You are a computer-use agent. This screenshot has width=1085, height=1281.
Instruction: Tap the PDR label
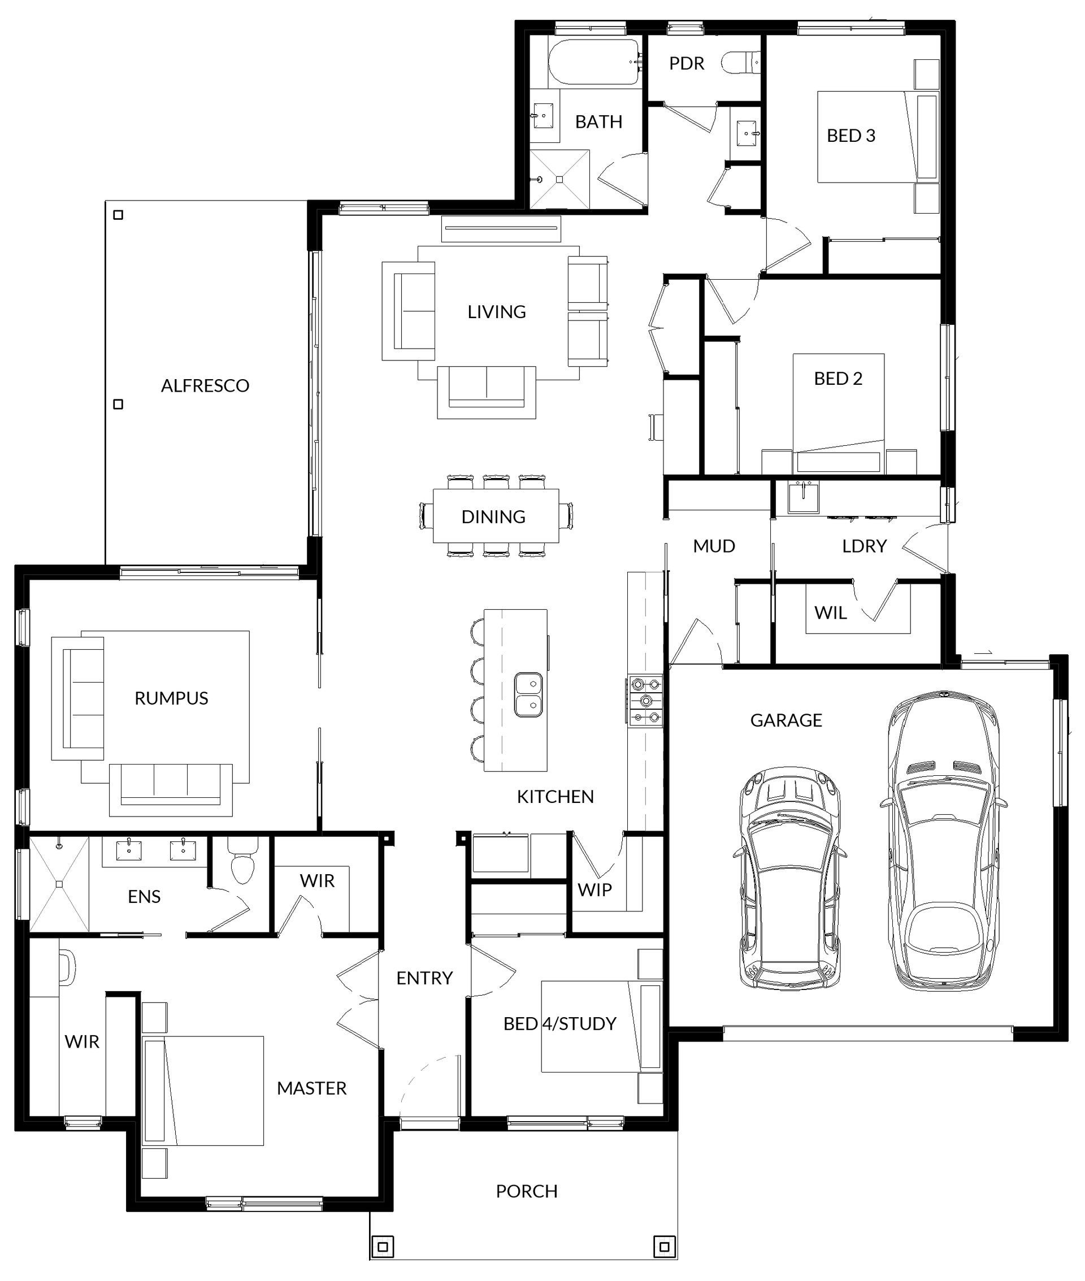coord(687,63)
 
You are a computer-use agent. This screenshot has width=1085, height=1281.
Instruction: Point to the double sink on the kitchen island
coord(528,694)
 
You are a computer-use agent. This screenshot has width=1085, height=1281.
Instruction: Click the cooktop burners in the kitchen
coord(645,701)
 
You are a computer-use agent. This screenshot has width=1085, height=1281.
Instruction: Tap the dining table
coord(496,516)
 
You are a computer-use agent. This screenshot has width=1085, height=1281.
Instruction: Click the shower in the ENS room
coord(59,884)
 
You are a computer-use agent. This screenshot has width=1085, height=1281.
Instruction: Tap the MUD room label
coord(714,546)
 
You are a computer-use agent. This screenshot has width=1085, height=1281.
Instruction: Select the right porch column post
coord(663,1247)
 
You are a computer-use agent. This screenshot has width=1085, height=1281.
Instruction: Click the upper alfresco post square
coord(119,215)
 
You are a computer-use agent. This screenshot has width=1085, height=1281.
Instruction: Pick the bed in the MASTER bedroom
coord(203,1091)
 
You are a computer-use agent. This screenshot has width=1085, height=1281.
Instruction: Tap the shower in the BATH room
coord(559,179)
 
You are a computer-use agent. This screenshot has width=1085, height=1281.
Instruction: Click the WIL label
coord(830,613)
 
